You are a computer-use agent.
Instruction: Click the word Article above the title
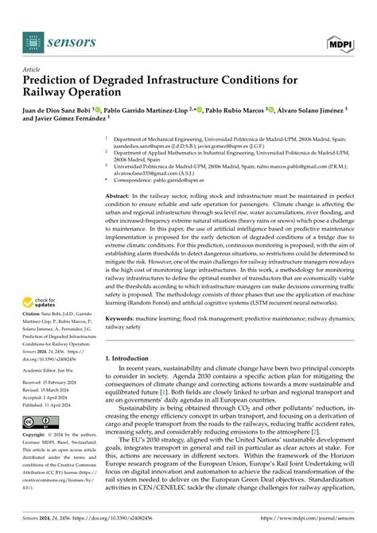(33, 69)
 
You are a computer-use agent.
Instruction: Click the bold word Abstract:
(119, 194)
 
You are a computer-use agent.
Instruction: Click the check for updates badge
(41, 302)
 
